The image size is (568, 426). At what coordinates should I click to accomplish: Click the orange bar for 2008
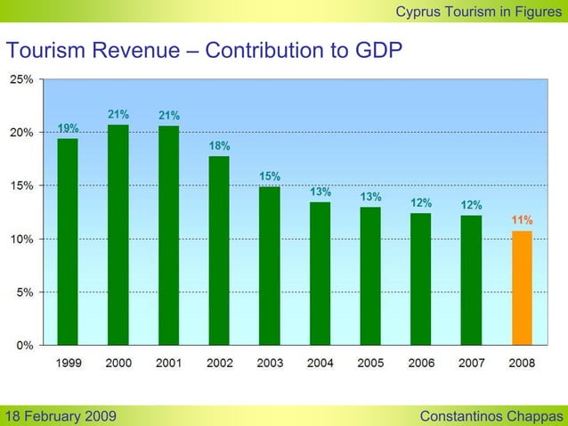(x=522, y=288)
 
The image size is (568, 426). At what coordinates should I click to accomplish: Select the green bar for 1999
(x=68, y=242)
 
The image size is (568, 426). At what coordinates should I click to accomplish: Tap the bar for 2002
(x=219, y=250)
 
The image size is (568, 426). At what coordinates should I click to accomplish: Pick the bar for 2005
(x=370, y=276)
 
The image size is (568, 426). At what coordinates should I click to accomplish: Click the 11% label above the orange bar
(x=522, y=219)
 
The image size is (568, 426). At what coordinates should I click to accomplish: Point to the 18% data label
(x=219, y=145)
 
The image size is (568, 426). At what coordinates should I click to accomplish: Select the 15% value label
(x=270, y=176)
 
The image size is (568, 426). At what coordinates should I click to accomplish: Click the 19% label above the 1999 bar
(x=68, y=127)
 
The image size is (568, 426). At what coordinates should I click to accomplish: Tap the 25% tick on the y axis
(x=22, y=79)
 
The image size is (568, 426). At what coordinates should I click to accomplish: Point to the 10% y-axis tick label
(x=22, y=239)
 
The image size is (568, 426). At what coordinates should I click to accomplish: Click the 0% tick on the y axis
(x=25, y=345)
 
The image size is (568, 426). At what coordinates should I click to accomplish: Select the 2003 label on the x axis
(x=270, y=363)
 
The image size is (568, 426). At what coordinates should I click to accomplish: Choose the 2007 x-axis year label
(x=471, y=363)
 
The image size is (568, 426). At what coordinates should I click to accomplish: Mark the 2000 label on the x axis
(x=118, y=363)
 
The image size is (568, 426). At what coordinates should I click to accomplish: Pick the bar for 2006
(x=420, y=279)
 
